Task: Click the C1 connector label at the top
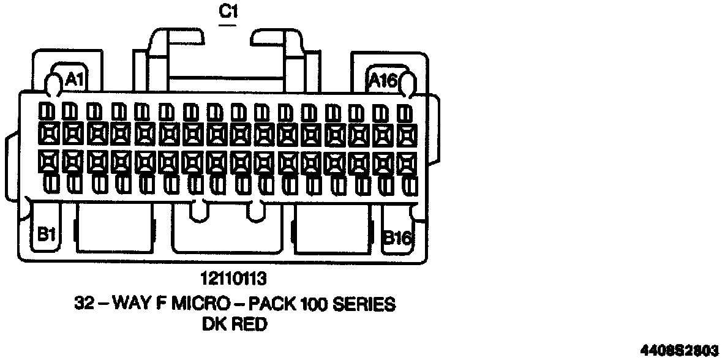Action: (228, 12)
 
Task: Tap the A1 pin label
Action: (74, 79)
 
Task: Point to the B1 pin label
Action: (47, 234)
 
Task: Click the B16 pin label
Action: (397, 238)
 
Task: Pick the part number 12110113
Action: (233, 280)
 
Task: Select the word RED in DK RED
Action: (249, 324)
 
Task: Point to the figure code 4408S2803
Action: (679, 351)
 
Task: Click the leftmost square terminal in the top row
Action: (47, 133)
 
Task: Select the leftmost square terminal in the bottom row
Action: (47, 161)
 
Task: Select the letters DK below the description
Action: (213, 324)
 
